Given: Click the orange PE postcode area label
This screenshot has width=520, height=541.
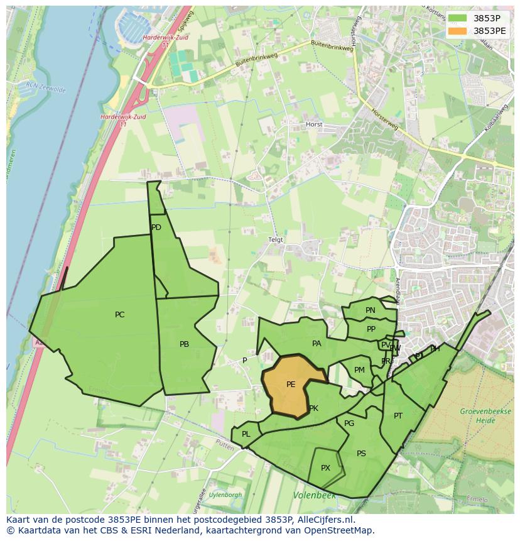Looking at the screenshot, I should pyautogui.click(x=291, y=385).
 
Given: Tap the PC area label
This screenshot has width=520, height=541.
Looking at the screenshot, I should pyautogui.click(x=119, y=315).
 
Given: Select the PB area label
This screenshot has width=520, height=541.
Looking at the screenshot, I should pyautogui.click(x=184, y=344).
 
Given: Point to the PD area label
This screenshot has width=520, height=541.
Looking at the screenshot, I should pyautogui.click(x=156, y=227).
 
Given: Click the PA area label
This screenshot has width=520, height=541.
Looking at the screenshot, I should pyautogui.click(x=317, y=344).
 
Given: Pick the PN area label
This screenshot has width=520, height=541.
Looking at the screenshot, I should pyautogui.click(x=371, y=310).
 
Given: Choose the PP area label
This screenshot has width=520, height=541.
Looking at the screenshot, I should pyautogui.click(x=371, y=329).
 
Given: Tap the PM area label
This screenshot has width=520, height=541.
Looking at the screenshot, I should pyautogui.click(x=359, y=370).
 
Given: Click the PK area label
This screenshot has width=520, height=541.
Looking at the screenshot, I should pyautogui.click(x=313, y=408).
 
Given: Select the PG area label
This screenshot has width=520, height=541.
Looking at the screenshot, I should pyautogui.click(x=349, y=424).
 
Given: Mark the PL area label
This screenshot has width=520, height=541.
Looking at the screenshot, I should pyautogui.click(x=246, y=434).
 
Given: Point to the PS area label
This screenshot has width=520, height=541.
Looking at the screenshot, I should pyautogui.click(x=361, y=454).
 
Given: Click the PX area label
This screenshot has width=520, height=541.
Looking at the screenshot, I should pyautogui.click(x=325, y=468).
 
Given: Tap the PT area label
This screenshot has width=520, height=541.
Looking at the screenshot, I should pyautogui.click(x=398, y=416).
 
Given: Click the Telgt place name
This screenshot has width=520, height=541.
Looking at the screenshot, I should pyautogui.click(x=276, y=240).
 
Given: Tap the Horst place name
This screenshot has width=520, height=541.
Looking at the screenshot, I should pyautogui.click(x=314, y=124).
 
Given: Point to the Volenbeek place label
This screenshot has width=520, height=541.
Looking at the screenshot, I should pyautogui.click(x=314, y=496).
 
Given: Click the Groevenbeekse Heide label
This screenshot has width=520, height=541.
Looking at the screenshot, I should pyautogui.click(x=478, y=415).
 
